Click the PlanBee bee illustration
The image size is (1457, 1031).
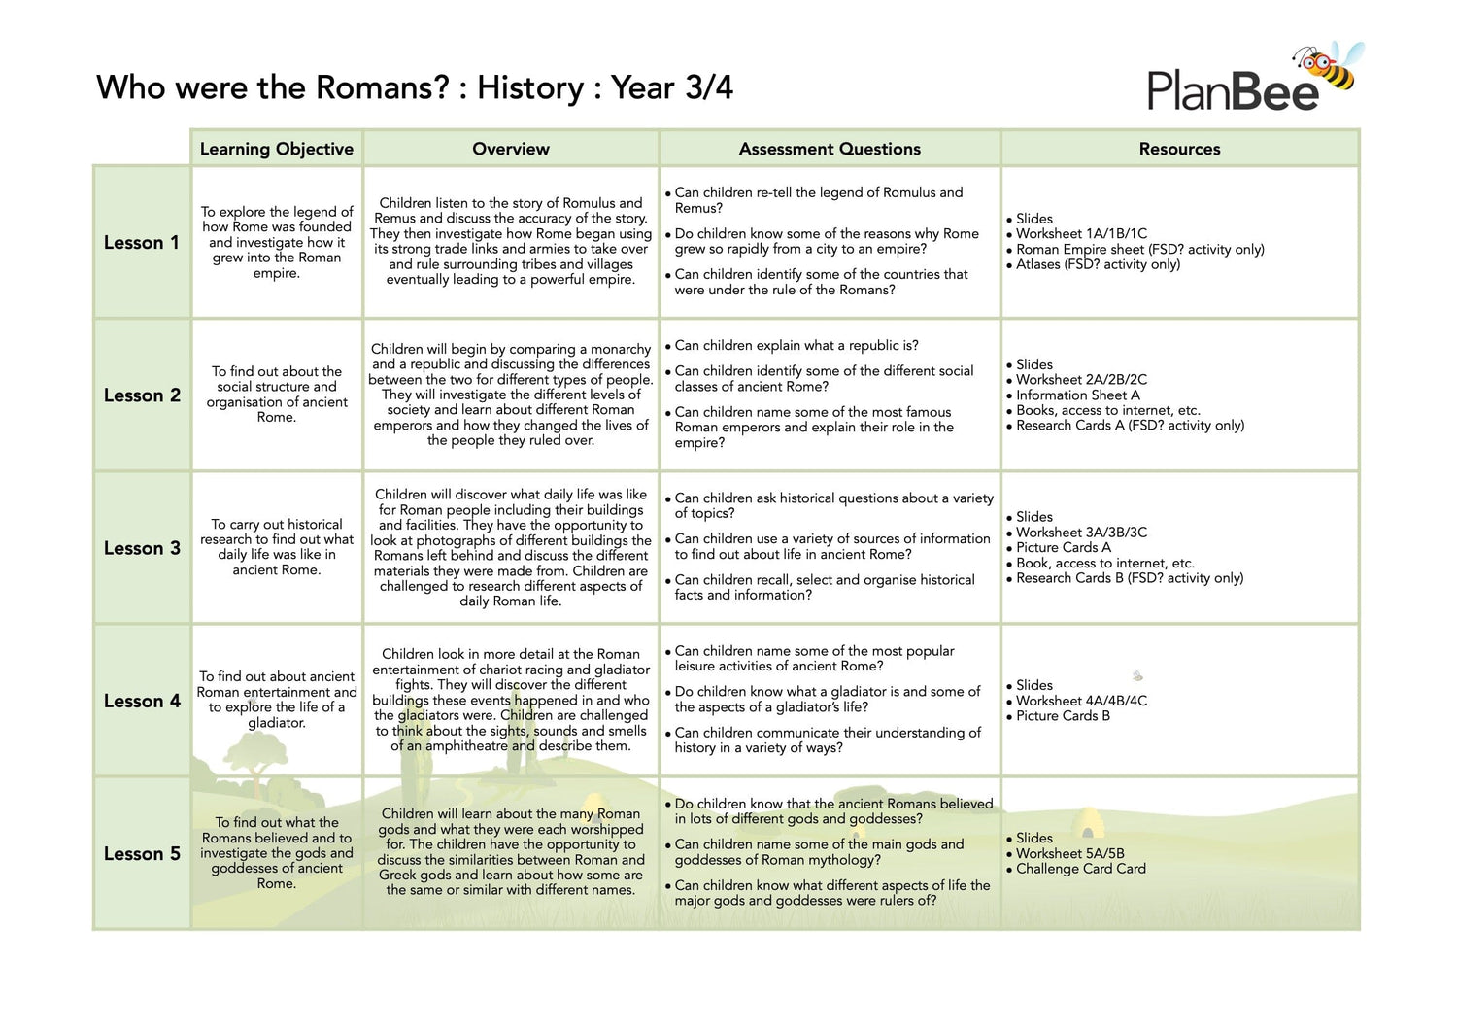(1330, 65)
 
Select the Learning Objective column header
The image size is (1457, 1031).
(277, 149)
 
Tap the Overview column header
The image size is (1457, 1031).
(511, 149)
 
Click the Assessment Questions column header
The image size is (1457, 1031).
(830, 149)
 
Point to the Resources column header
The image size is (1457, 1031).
(1179, 149)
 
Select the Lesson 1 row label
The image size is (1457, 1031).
(142, 243)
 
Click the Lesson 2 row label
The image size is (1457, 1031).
(142, 395)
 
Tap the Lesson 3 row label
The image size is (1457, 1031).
(142, 548)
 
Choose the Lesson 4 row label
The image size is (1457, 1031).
(142, 701)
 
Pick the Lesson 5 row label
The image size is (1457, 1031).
(142, 854)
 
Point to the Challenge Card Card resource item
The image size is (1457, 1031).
(1080, 869)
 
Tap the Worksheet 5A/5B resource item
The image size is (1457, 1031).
(1069, 854)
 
